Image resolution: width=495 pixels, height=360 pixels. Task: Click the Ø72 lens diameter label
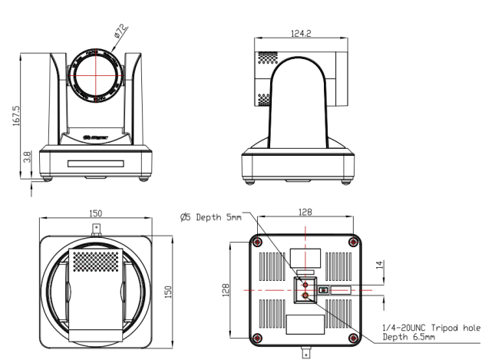[x=120, y=32]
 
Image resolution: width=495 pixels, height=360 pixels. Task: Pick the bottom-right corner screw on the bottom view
[x=355, y=339]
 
